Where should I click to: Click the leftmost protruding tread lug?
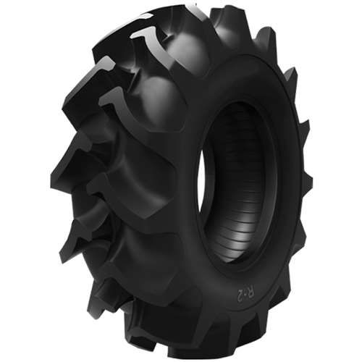(62, 181)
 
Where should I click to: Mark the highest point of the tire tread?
(195, 7)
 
